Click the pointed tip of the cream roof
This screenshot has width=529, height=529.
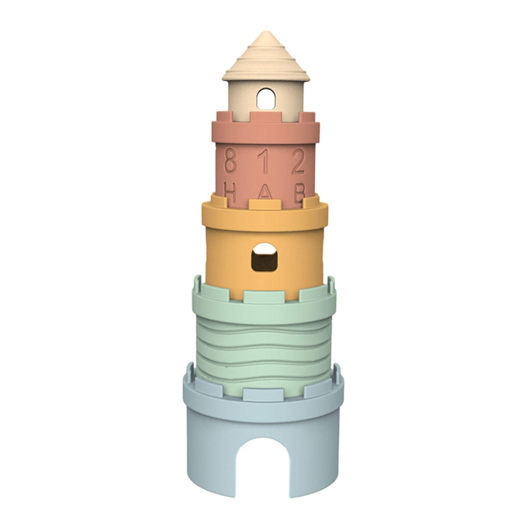(x=266, y=32)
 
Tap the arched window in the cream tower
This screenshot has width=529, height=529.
(x=266, y=99)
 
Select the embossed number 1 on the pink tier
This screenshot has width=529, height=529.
(x=265, y=161)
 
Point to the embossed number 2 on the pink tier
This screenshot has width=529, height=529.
(x=299, y=161)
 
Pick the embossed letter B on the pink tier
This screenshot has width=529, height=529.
(x=300, y=193)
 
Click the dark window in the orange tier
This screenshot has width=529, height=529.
(x=264, y=257)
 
